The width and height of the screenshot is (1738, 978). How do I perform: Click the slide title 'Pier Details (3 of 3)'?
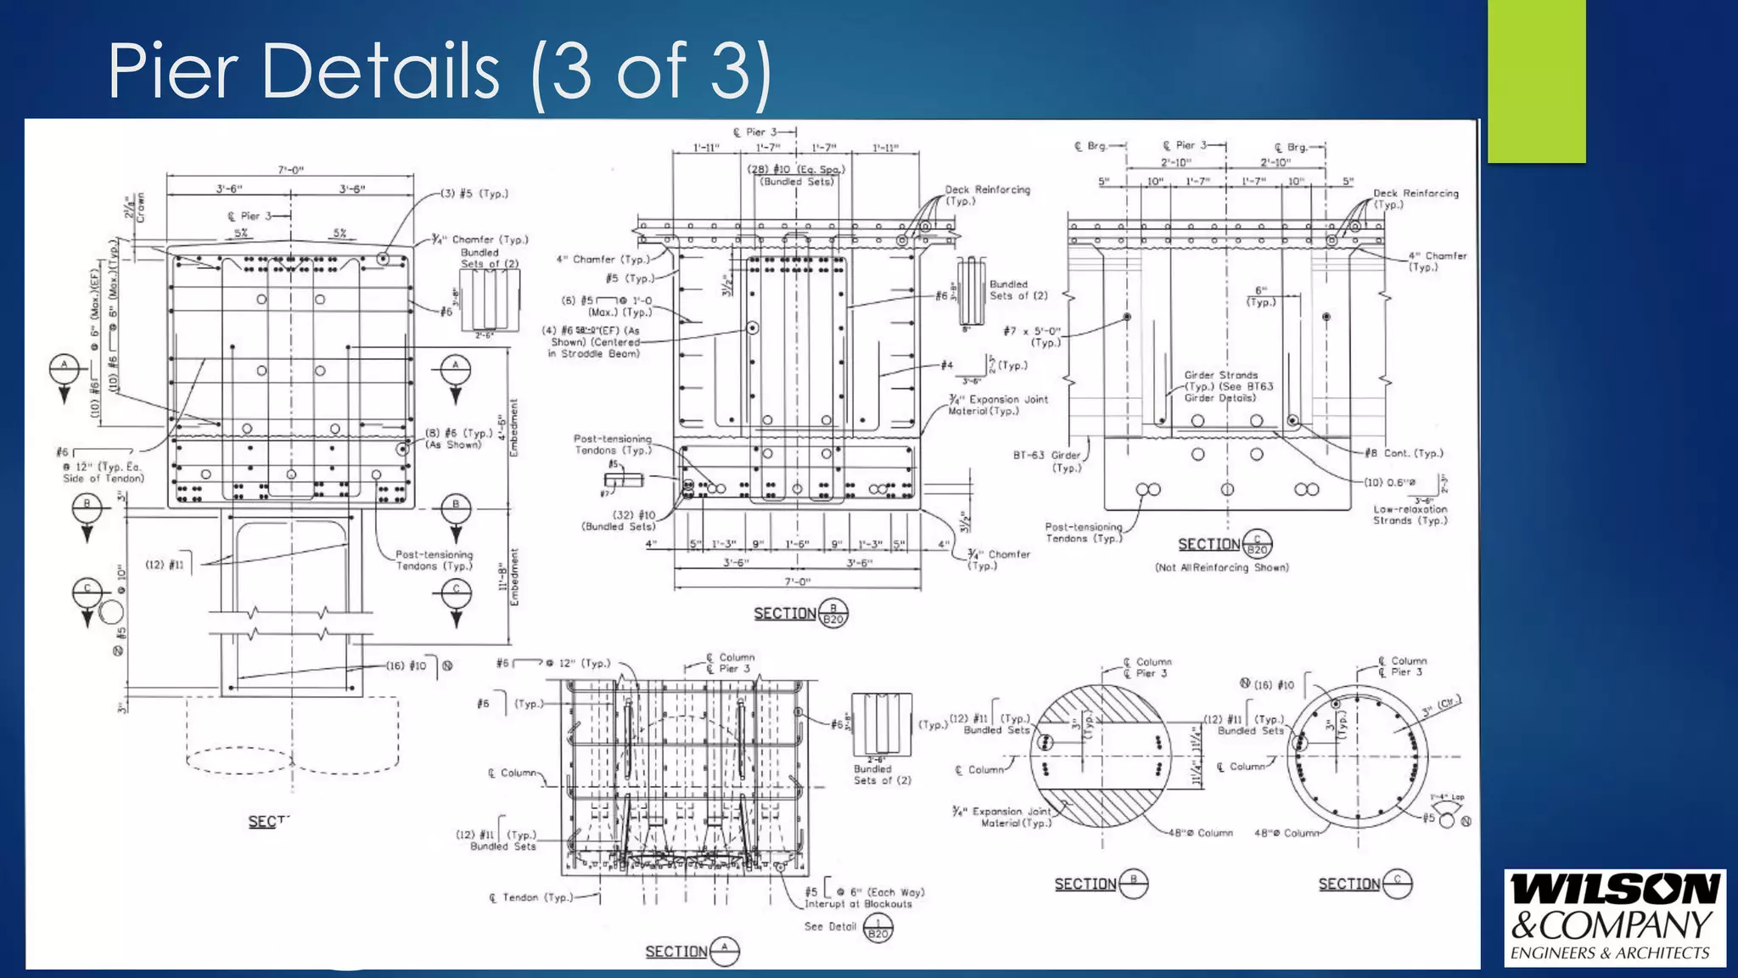(x=439, y=71)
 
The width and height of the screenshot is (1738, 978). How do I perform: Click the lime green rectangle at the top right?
(x=1536, y=81)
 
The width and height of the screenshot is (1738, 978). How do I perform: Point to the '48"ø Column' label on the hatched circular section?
(x=1199, y=833)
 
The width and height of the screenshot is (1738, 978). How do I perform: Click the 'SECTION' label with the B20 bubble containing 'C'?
(x=1208, y=544)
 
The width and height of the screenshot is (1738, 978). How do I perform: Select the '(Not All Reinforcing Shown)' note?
(x=1221, y=568)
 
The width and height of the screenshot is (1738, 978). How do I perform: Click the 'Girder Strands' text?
(x=1220, y=374)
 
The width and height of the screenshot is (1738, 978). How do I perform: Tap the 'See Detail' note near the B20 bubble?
(x=830, y=926)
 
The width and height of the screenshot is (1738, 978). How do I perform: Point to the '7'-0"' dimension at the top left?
(x=290, y=170)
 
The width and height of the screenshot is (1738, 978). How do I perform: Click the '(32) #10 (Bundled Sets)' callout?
(x=619, y=520)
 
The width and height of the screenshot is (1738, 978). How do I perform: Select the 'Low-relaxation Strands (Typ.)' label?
(x=1410, y=514)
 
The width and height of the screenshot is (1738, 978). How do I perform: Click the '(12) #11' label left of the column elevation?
(x=165, y=565)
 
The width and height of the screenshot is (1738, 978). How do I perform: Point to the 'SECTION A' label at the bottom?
(x=676, y=952)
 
